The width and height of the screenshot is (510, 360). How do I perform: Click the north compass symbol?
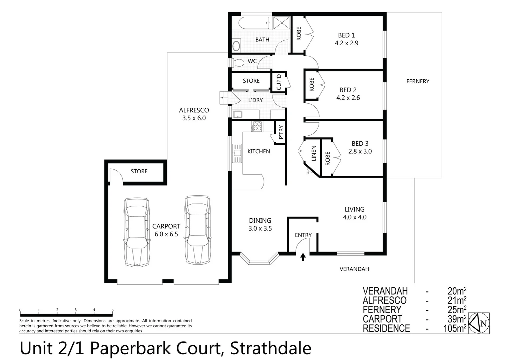point(479,323)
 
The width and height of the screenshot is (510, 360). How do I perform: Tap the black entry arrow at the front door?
point(303,257)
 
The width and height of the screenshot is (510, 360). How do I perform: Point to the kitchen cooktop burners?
point(257,126)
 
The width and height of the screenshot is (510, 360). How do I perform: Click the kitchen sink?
point(237,153)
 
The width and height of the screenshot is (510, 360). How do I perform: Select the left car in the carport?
point(137,232)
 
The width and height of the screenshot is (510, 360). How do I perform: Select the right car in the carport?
point(198,230)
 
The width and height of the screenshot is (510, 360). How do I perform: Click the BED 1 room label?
point(346,35)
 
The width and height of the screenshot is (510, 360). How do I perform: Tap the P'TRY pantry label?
point(281,132)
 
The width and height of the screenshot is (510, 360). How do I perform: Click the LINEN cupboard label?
point(314,153)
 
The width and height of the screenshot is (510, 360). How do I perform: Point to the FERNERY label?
point(418,81)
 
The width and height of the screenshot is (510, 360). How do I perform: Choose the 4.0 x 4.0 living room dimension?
point(355,217)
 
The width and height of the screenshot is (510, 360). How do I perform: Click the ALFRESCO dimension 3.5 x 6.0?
point(194,118)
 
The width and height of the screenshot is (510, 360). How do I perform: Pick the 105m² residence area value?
point(455,328)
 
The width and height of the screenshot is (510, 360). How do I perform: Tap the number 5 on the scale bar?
point(112,310)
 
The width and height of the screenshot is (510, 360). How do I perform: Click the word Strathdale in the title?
point(271,348)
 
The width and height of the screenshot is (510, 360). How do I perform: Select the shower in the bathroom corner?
point(282,23)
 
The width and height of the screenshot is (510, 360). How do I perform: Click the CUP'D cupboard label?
point(279,82)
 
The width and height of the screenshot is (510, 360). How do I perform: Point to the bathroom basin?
point(236,46)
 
